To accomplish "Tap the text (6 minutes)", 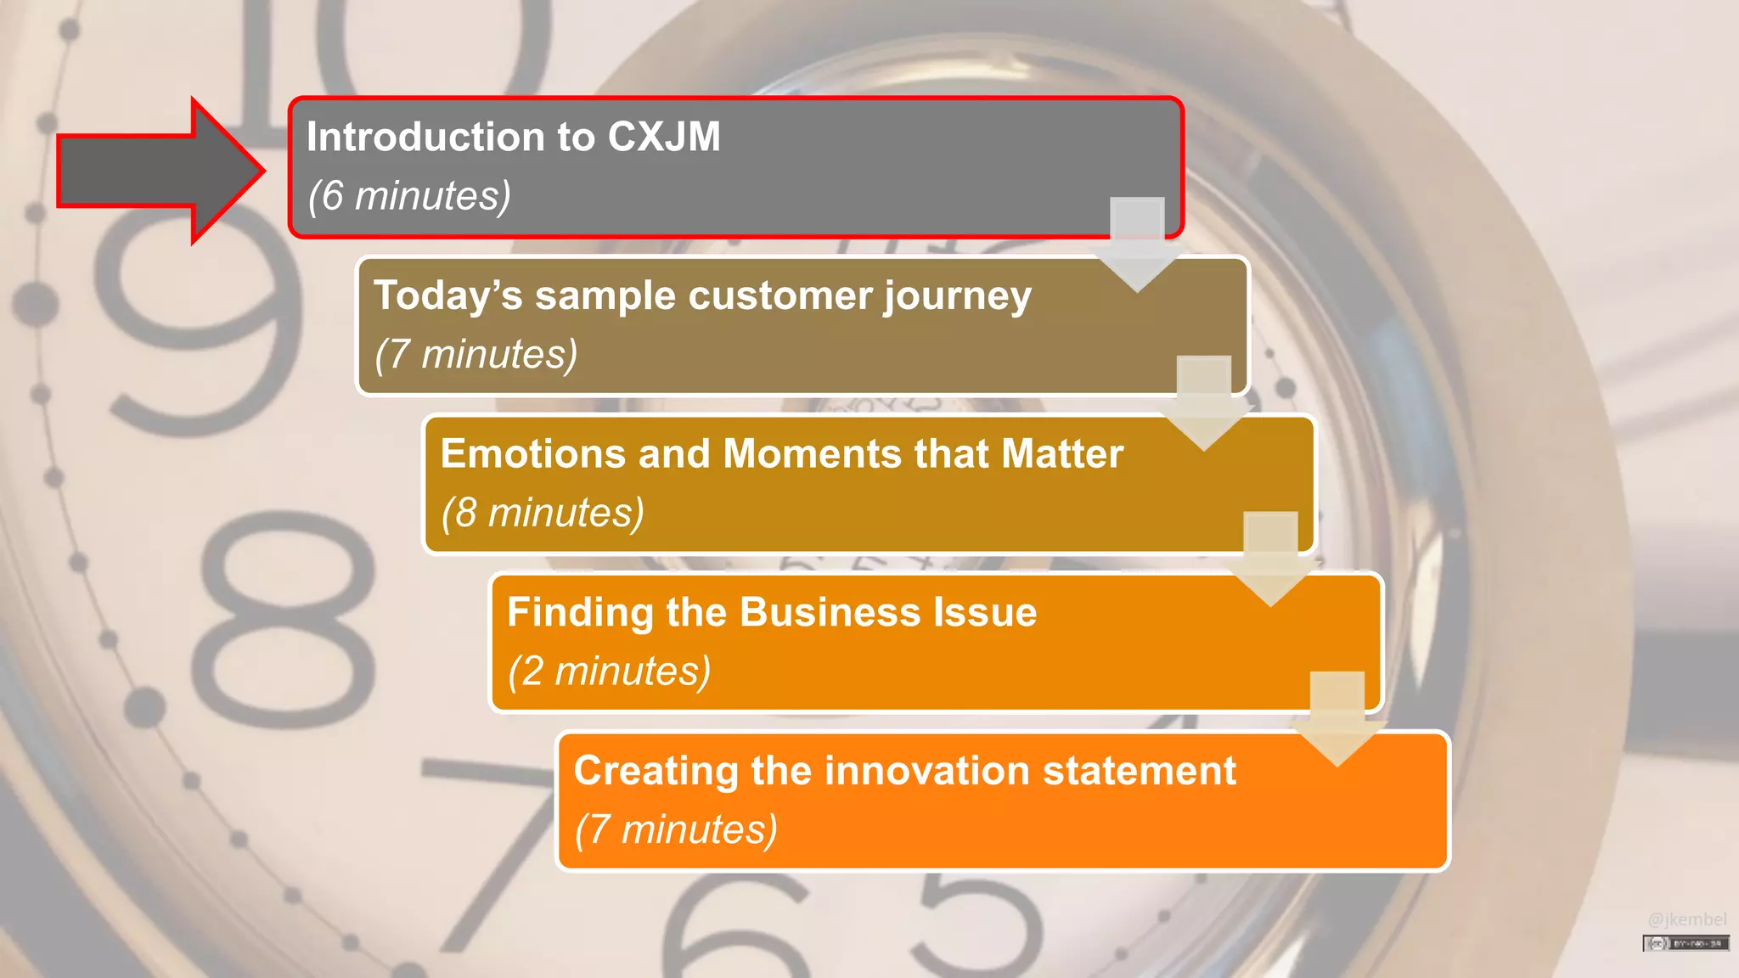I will pyautogui.click(x=409, y=196).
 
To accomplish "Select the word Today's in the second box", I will pyautogui.click(x=447, y=295).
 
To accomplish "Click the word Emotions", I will pyautogui.click(x=533, y=453).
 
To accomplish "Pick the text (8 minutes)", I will pyautogui.click(x=543, y=513).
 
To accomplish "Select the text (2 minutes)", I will pyautogui.click(x=609, y=672).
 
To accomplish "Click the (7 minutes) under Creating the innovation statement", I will pyautogui.click(x=676, y=829).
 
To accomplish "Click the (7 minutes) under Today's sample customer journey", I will pyautogui.click(x=476, y=354).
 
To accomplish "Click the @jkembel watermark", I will pyautogui.click(x=1686, y=919).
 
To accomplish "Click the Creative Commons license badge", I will pyautogui.click(x=1686, y=943).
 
